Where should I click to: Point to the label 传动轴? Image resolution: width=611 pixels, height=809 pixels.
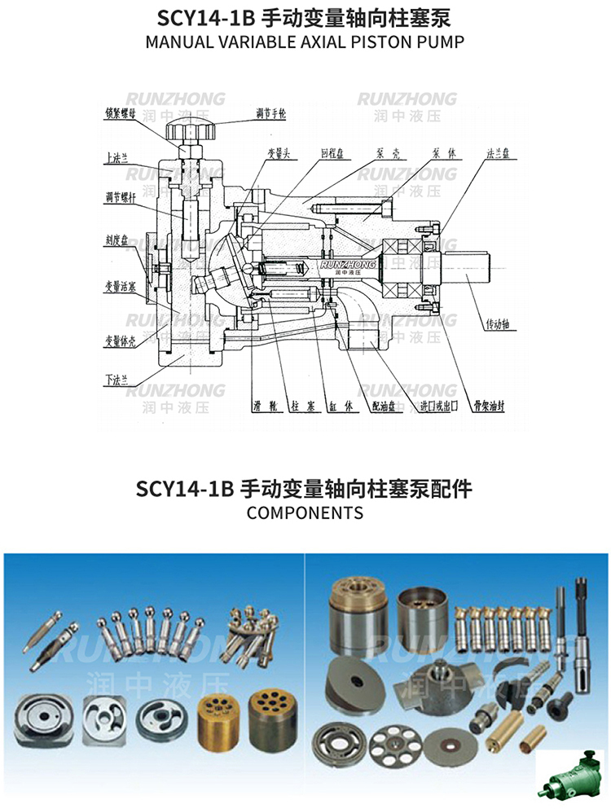coord(496,324)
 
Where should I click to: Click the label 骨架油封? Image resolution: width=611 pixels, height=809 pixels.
coord(480,404)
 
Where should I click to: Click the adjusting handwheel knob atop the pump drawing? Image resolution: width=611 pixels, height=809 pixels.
coord(187,130)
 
